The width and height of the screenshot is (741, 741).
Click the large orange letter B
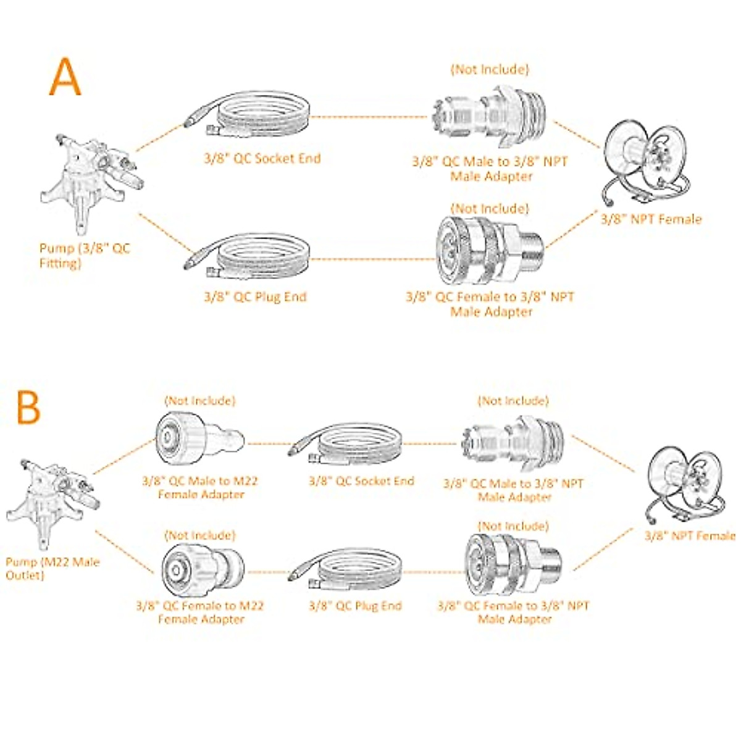pyautogui.click(x=28, y=407)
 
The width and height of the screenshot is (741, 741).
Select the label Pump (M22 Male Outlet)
pyautogui.click(x=52, y=569)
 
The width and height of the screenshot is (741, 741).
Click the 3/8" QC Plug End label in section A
pyautogui.click(x=255, y=297)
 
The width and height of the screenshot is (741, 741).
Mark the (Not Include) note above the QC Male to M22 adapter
pyautogui.click(x=199, y=401)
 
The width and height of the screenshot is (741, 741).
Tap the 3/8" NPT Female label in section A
pyautogui.click(x=651, y=219)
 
